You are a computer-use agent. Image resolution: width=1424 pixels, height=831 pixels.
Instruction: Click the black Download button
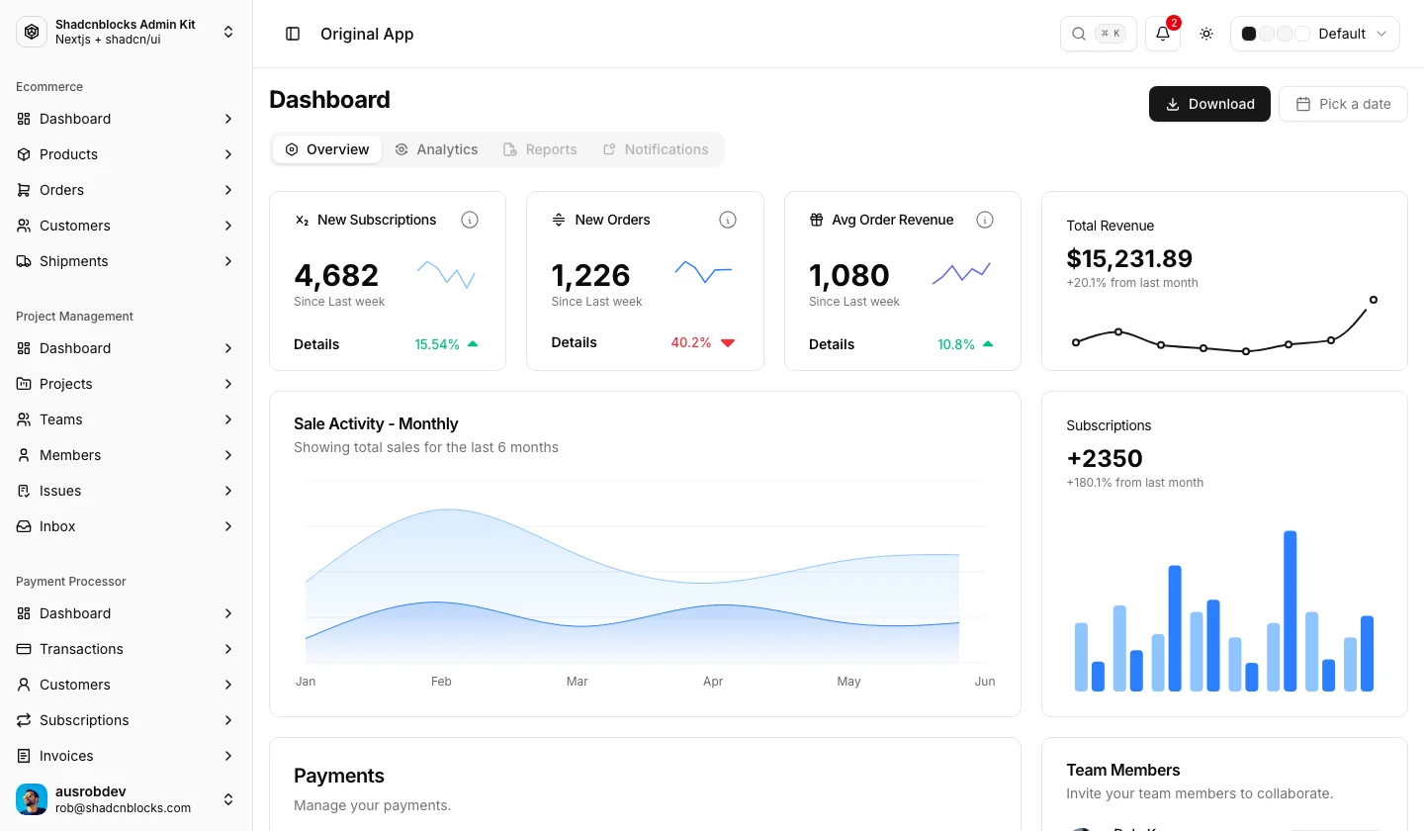[x=1209, y=104]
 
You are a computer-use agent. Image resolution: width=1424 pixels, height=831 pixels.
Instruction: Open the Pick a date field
[x=1343, y=104]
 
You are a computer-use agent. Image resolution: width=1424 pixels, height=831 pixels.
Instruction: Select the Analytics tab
[x=436, y=149]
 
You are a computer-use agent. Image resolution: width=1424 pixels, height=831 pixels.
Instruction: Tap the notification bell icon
[x=1163, y=34]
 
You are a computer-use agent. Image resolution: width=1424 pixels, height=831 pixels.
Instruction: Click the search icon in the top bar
[x=1079, y=34]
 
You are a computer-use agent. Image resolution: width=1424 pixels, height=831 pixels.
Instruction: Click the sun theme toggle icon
[x=1206, y=34]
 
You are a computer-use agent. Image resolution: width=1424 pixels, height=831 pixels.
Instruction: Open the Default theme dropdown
[x=1314, y=34]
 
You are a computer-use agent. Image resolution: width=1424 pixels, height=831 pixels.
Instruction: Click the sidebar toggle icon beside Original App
[x=293, y=34]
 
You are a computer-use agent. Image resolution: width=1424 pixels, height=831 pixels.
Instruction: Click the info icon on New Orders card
[x=727, y=220]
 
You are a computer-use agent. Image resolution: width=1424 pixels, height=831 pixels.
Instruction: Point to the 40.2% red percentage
[x=690, y=342]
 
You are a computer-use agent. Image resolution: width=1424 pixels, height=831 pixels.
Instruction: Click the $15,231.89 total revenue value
[x=1129, y=258]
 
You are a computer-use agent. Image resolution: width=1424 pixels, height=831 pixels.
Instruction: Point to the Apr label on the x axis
[x=713, y=682]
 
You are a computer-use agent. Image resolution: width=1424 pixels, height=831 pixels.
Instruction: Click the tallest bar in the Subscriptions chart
[x=1290, y=611]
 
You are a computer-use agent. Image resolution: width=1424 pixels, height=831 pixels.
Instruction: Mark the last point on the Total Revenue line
[x=1374, y=300]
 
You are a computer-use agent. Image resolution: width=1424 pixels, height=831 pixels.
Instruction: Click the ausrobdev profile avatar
[x=32, y=799]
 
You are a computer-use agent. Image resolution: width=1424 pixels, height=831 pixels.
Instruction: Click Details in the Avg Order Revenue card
[x=831, y=344]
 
